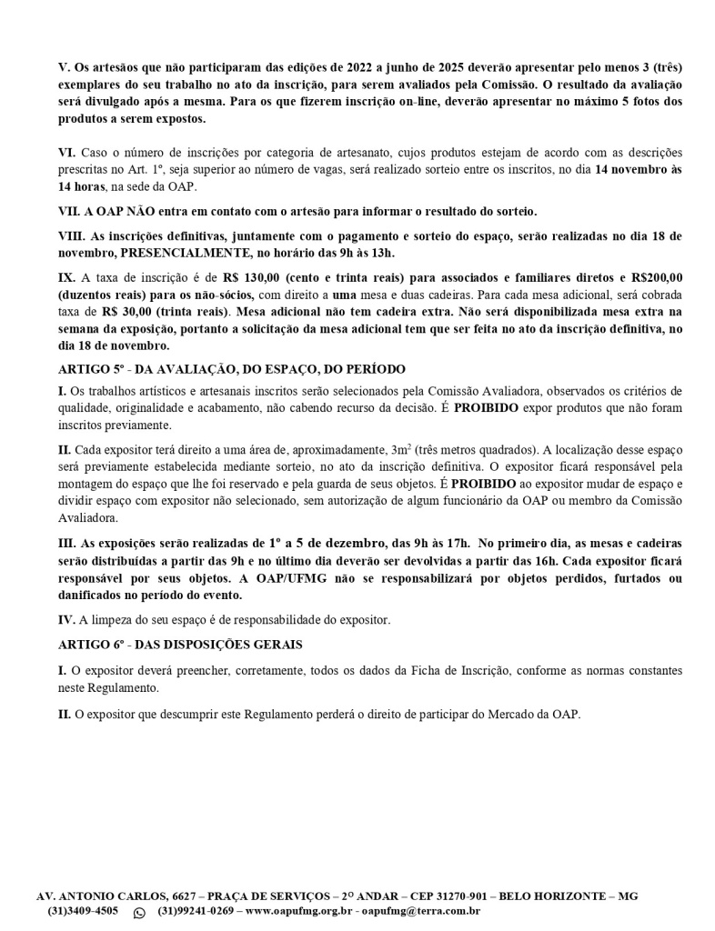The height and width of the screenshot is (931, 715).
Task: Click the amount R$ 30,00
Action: pyautogui.click(x=132, y=309)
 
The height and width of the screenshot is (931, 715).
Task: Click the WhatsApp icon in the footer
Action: pyautogui.click(x=139, y=912)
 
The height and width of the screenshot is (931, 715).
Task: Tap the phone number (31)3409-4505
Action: pyautogui.click(x=83, y=911)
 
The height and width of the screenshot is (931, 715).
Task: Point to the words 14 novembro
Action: pyautogui.click(x=631, y=170)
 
